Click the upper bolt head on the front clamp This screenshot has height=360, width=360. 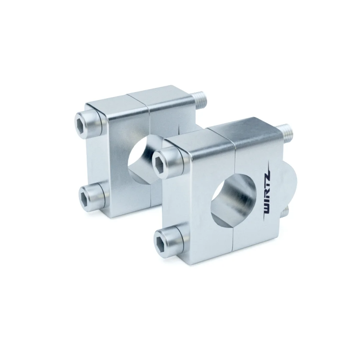pos(167,159)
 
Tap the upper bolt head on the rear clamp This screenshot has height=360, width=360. pos(88,122)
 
